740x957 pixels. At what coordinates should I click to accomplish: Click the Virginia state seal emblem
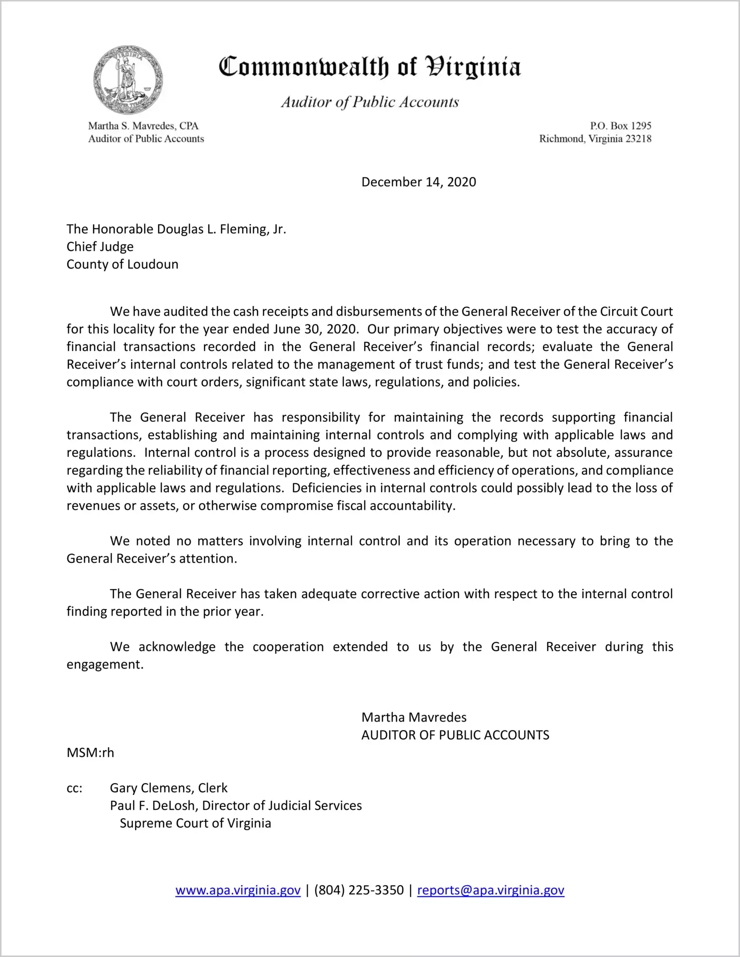pyautogui.click(x=128, y=80)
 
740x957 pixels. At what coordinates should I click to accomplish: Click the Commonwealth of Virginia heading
pyautogui.click(x=370, y=66)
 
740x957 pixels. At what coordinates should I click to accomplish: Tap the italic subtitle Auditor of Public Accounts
pyautogui.click(x=370, y=102)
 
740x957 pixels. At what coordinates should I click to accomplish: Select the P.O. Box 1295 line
pyautogui.click(x=620, y=126)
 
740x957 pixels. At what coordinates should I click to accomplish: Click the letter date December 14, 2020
pyautogui.click(x=419, y=182)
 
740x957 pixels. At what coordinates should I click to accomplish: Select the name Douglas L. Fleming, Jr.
pyautogui.click(x=221, y=229)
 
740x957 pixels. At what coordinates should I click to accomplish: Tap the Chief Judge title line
pyautogui.click(x=100, y=247)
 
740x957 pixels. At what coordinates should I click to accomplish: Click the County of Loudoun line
pyautogui.click(x=122, y=264)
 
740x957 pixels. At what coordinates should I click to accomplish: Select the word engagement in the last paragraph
pyautogui.click(x=105, y=664)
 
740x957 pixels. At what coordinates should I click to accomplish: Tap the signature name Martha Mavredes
pyautogui.click(x=414, y=717)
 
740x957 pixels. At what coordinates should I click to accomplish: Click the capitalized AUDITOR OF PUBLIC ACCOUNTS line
pyautogui.click(x=455, y=735)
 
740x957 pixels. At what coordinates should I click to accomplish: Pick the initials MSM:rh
pyautogui.click(x=90, y=752)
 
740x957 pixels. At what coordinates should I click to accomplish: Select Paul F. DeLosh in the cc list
pyautogui.click(x=154, y=806)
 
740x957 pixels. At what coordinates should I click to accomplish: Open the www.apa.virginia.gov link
pyautogui.click(x=238, y=890)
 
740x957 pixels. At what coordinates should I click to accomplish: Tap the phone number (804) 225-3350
pyautogui.click(x=359, y=890)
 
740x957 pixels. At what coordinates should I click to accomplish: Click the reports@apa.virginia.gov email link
pyautogui.click(x=490, y=890)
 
